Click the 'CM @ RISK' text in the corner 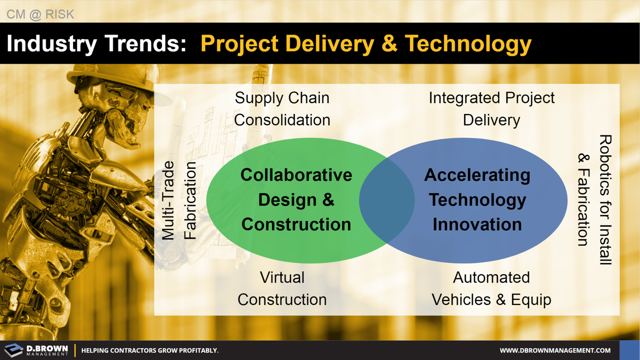40,14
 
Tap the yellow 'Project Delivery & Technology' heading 365,43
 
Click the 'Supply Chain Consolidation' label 282,109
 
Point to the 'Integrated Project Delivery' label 491,109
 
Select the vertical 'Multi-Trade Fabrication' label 179,200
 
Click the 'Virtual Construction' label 282,288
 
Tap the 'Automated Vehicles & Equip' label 491,288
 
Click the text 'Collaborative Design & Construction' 296,199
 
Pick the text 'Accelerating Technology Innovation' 477,199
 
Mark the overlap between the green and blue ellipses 387,200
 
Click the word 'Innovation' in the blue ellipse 477,224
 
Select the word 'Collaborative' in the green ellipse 296,175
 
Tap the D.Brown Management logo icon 13,350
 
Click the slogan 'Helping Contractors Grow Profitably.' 150,350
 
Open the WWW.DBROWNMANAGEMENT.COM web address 555,350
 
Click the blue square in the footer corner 629,350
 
